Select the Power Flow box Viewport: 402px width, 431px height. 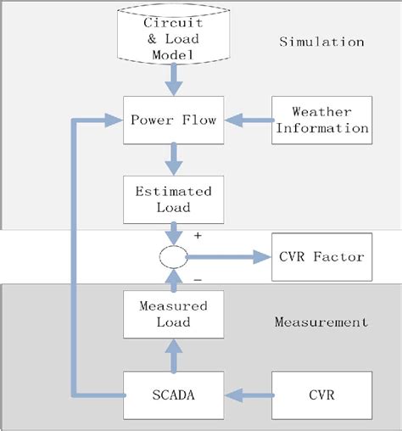[x=174, y=120]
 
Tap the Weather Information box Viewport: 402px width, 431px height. [x=321, y=120]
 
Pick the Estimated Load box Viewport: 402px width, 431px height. [x=174, y=198]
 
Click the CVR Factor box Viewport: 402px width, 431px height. [x=321, y=255]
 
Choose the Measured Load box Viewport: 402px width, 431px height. [x=174, y=312]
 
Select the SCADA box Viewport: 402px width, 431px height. [x=174, y=395]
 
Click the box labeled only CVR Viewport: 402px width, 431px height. [x=321, y=395]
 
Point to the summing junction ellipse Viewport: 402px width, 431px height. [x=174, y=255]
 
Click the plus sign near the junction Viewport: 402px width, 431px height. [x=198, y=235]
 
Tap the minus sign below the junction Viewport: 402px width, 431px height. [x=198, y=277]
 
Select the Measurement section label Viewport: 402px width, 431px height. [x=321, y=322]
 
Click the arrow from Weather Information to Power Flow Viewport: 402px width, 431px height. [x=246, y=120]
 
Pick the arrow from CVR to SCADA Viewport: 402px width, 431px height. [x=246, y=395]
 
